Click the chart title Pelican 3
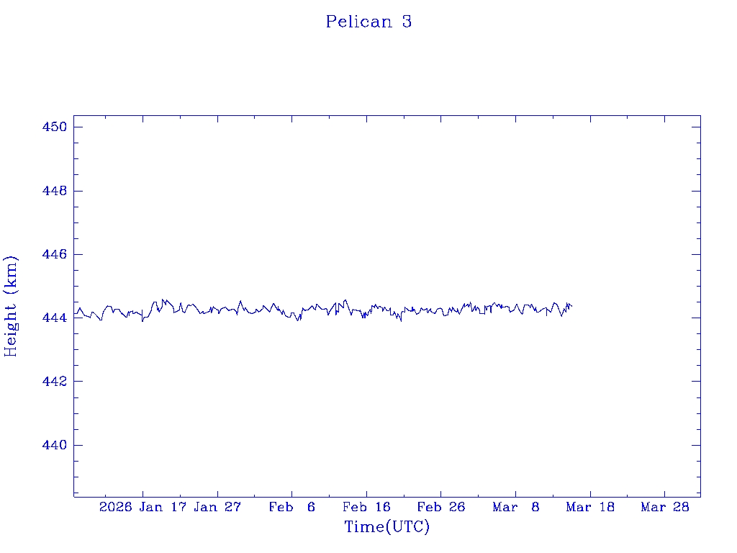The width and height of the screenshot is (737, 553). coord(368,22)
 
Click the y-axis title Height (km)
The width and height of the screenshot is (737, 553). coord(11,306)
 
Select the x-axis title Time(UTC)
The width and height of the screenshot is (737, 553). coord(387,527)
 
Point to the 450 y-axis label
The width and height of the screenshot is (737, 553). coord(55,127)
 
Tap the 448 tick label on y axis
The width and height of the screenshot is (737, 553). coord(55,191)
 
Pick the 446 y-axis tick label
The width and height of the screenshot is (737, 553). coord(55,255)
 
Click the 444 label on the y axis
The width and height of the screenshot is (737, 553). coord(55,318)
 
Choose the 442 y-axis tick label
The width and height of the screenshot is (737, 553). coord(55,382)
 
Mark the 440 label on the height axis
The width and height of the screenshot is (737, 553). coord(55,446)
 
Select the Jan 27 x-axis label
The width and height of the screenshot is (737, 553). coord(217,508)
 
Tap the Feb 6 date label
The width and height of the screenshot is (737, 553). coord(292,508)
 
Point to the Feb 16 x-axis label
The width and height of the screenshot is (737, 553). coord(366,508)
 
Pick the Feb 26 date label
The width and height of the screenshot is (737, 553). coord(441,508)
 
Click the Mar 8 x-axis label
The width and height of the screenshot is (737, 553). coord(516,508)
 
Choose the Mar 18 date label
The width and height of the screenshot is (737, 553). coord(590,508)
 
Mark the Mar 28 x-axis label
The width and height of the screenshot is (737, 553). coord(665,508)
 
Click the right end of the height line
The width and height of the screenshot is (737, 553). coord(571,307)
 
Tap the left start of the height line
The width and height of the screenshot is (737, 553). coord(75,313)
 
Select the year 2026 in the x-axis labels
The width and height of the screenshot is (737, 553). coord(115,508)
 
